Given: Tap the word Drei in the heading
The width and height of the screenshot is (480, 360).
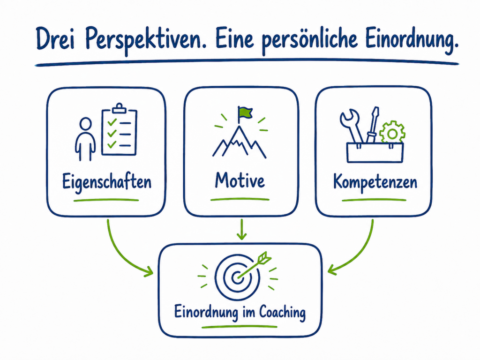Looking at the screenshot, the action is pyautogui.click(x=55, y=38).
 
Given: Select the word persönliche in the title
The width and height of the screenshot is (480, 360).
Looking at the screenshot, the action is pyautogui.click(x=310, y=40).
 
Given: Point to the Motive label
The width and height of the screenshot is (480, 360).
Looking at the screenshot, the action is pyautogui.click(x=240, y=180).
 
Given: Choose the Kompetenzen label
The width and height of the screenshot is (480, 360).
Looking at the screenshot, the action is pyautogui.click(x=375, y=182).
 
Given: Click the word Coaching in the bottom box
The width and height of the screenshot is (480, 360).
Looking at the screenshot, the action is pyautogui.click(x=282, y=313).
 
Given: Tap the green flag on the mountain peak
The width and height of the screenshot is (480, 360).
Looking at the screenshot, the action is pyautogui.click(x=245, y=112).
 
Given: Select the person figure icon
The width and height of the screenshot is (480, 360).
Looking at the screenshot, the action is pyautogui.click(x=85, y=139).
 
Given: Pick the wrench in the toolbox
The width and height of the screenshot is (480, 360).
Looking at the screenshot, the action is pyautogui.click(x=352, y=126).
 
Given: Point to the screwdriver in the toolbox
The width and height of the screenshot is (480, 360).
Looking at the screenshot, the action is pyautogui.click(x=373, y=125).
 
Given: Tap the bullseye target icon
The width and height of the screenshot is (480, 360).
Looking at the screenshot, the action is pyautogui.click(x=237, y=277).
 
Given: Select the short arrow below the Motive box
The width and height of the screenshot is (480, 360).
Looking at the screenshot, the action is pyautogui.click(x=242, y=229).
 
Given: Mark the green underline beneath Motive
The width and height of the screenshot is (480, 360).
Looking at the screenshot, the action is pyautogui.click(x=240, y=200).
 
